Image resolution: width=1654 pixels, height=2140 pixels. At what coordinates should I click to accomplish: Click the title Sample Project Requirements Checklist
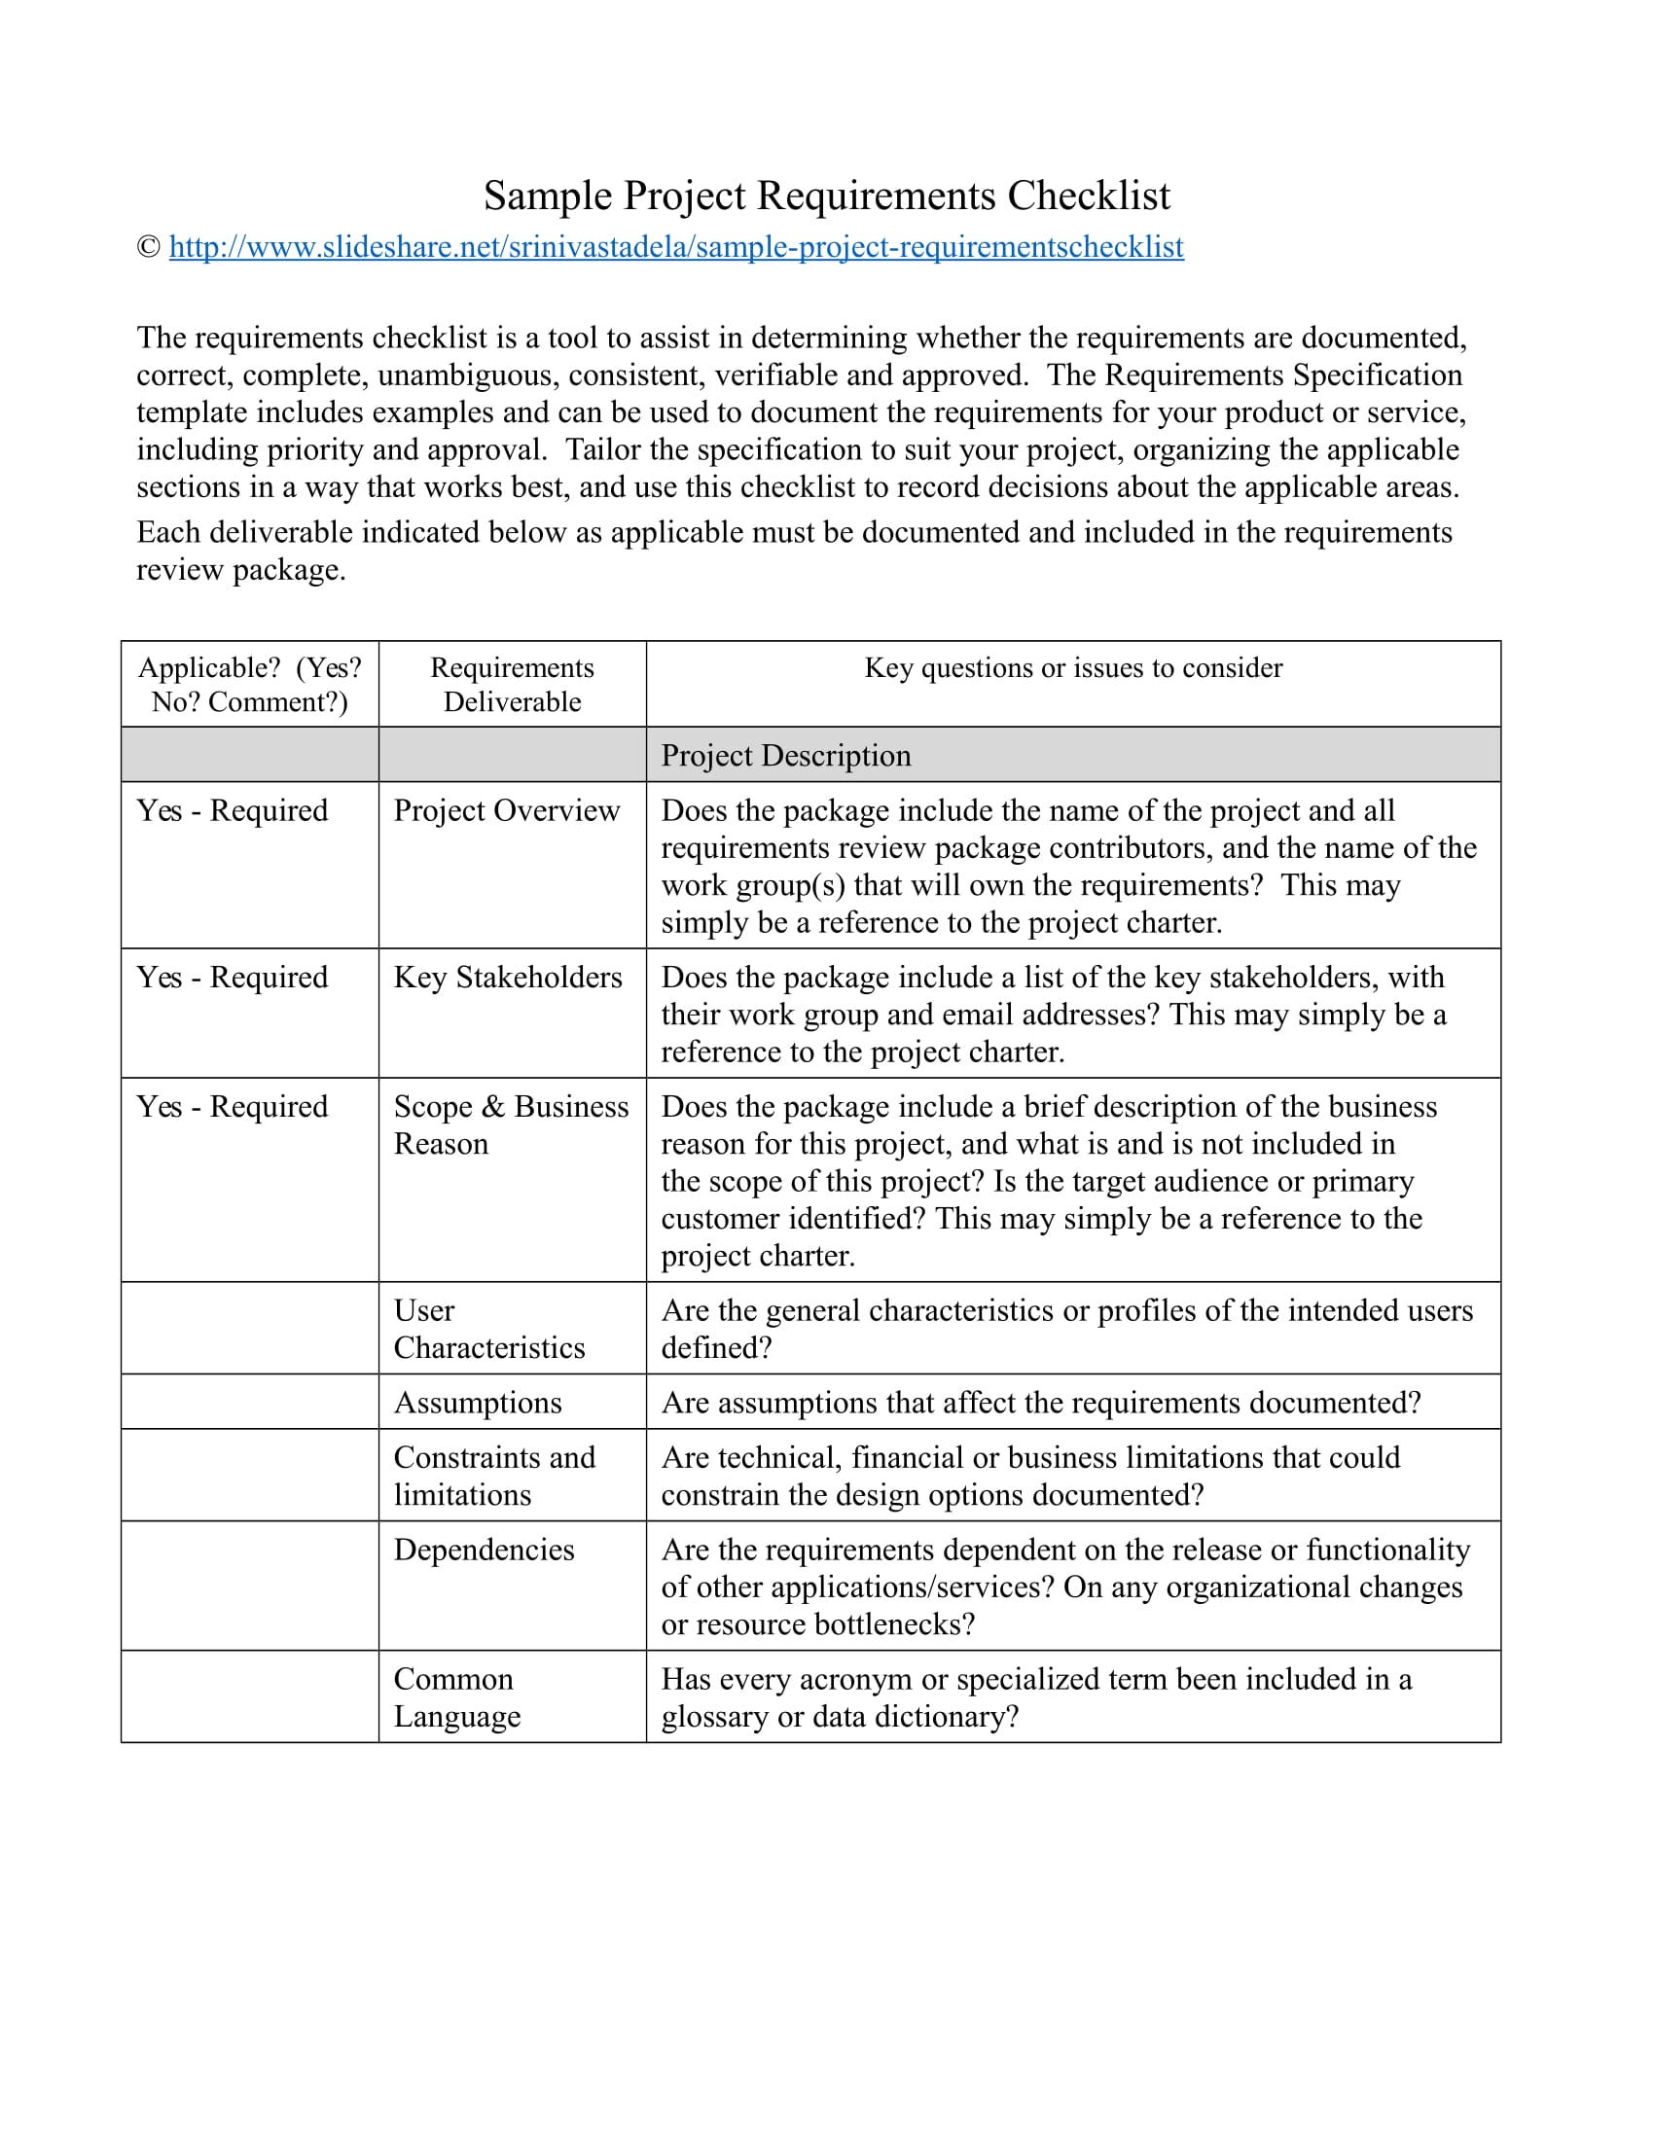coord(826,195)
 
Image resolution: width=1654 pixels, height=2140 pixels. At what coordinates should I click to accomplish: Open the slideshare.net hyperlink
coord(676,247)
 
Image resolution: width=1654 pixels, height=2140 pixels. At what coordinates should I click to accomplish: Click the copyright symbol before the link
coord(149,247)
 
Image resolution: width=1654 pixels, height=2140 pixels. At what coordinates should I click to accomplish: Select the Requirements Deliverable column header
coord(512,684)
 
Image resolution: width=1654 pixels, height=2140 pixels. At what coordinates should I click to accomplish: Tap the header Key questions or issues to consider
coord(1073,667)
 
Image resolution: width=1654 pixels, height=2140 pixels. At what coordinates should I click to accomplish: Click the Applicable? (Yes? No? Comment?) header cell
coord(250,684)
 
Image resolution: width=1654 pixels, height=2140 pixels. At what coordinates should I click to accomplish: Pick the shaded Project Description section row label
coord(786,756)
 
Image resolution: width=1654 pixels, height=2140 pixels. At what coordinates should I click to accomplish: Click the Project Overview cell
coord(507,810)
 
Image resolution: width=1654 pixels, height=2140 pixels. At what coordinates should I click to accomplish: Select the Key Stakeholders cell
coord(508,977)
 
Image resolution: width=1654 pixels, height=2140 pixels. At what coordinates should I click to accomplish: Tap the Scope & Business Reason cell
coord(511,1124)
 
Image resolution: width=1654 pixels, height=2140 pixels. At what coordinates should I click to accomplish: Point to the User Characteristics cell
coord(489,1329)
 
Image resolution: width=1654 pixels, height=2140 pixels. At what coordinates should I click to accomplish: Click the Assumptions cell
coord(478,1402)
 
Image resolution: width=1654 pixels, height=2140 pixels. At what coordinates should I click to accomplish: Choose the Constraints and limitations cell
coord(494,1476)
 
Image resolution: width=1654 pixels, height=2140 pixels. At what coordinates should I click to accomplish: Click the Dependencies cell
coord(485,1550)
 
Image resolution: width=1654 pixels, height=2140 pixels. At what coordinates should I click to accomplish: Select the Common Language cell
coord(456,1697)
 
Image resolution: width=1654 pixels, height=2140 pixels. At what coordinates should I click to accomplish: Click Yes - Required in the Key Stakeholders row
coord(233,977)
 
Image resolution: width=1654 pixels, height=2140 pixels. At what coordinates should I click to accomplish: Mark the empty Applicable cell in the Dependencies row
coord(250,1586)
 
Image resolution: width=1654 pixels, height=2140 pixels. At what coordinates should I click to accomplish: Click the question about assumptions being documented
coord(1041,1402)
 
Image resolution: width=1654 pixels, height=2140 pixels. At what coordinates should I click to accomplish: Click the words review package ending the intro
coord(241,569)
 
